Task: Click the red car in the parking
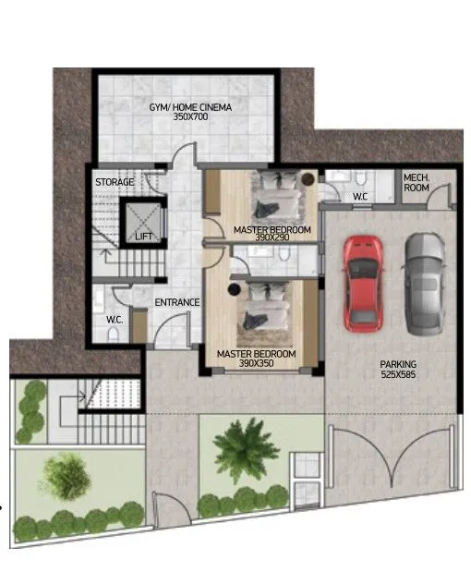[x=363, y=284]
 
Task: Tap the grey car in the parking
[x=424, y=284]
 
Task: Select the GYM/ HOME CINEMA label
[x=190, y=107]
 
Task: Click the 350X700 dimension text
[x=190, y=116]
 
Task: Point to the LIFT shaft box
[x=143, y=223]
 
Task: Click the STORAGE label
[x=115, y=182]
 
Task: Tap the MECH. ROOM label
[x=417, y=183]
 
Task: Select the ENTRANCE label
[x=177, y=302]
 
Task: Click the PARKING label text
[x=398, y=364]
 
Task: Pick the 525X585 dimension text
[x=398, y=374]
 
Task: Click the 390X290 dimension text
[x=272, y=237]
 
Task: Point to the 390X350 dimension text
[x=257, y=363]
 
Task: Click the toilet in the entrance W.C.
[x=114, y=334]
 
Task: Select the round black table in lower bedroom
[x=235, y=289]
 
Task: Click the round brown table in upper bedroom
[x=308, y=179]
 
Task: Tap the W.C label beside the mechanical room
[x=360, y=197]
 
